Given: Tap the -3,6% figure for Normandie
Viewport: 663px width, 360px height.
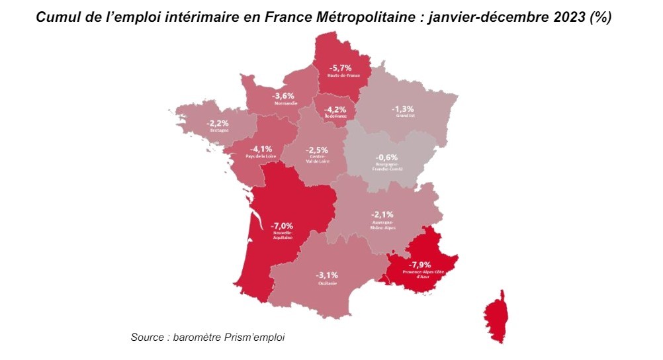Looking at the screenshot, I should click(283, 95).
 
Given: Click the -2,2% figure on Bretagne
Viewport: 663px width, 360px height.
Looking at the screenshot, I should click(218, 123).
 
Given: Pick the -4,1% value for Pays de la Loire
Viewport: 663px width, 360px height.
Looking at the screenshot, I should click(261, 148).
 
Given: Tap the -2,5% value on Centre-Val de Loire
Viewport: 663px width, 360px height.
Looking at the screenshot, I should click(316, 150).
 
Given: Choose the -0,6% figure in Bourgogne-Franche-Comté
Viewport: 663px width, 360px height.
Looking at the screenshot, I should click(386, 157).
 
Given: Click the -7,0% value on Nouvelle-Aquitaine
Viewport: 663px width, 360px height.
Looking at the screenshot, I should click(282, 225).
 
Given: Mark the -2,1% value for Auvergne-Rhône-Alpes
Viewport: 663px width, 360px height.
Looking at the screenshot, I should click(382, 214).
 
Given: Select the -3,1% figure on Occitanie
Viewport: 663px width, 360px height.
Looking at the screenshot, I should click(327, 275).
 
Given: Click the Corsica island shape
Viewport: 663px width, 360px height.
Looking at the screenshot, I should click(498, 316).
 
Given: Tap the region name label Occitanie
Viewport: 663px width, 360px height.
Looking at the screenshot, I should click(327, 283).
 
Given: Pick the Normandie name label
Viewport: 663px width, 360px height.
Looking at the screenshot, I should click(283, 104).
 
